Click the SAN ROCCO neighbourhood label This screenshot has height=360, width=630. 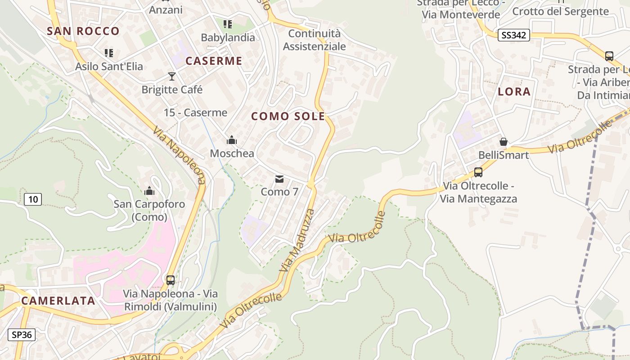(83, 31)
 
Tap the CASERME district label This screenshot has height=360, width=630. (214, 61)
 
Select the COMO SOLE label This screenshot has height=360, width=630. (288, 116)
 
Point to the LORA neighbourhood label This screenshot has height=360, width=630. (514, 91)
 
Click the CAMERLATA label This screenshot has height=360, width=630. (58, 301)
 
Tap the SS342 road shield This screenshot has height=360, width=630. (513, 35)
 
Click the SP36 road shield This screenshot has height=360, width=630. (22, 335)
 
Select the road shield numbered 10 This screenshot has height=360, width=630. (33, 199)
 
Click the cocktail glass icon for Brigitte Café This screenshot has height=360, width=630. (172, 76)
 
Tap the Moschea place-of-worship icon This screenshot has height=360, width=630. (232, 140)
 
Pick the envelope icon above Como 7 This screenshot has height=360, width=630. (279, 179)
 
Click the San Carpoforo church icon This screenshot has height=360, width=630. (149, 191)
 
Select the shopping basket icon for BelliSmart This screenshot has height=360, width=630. (504, 142)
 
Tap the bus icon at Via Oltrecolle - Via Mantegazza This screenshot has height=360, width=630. (478, 172)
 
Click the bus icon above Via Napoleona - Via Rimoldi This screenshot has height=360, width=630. (171, 280)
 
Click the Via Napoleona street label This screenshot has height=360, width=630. (179, 155)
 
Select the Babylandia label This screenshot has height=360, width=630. (228, 37)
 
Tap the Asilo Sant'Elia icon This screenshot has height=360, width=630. (108, 53)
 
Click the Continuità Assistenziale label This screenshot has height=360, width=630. (315, 40)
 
